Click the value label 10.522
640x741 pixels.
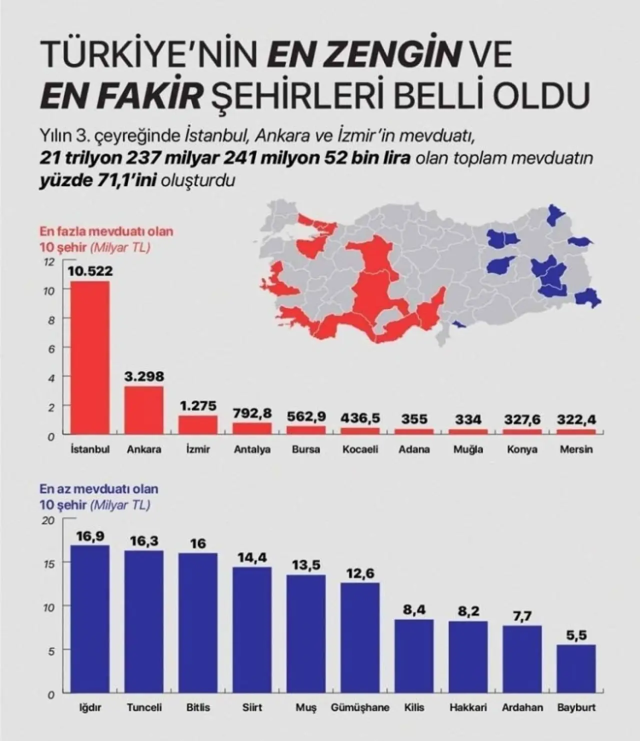(x=90, y=271)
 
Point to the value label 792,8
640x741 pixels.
(x=252, y=413)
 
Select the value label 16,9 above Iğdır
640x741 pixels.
(x=90, y=536)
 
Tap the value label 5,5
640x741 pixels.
(x=576, y=635)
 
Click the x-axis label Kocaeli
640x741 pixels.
(x=360, y=449)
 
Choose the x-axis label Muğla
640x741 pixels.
(x=468, y=449)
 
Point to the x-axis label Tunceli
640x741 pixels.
(x=144, y=707)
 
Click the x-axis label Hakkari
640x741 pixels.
(x=468, y=707)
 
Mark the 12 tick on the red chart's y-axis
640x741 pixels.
(x=49, y=261)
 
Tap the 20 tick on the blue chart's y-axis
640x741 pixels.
(x=48, y=520)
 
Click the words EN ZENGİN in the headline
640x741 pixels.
(x=363, y=56)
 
